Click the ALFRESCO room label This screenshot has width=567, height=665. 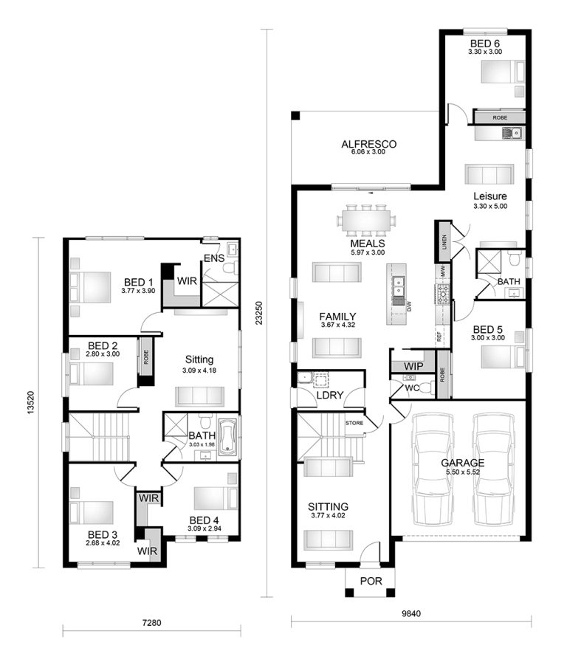pos(369,144)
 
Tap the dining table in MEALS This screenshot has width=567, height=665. pos(366,220)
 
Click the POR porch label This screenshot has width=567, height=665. pos(371,581)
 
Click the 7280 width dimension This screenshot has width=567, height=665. pos(151,623)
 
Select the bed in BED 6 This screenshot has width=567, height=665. pos(503,72)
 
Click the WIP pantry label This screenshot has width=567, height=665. pos(413,366)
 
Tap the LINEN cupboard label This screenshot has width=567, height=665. pos(444,242)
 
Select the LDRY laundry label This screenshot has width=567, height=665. pos(329,396)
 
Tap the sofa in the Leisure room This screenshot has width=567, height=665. pos(488,174)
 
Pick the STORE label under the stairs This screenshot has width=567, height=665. pos(354,422)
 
